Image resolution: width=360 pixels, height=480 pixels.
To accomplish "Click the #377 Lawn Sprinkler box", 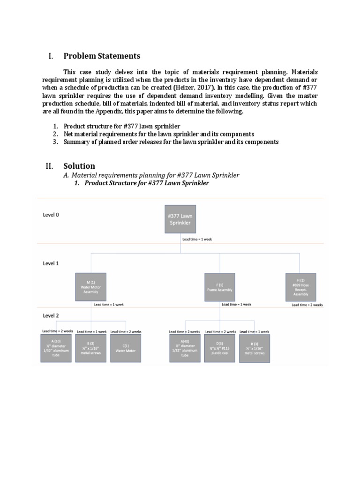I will pyautogui.click(x=180, y=219).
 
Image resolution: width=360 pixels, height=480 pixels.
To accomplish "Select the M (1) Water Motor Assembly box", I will pyautogui.click(x=90, y=286).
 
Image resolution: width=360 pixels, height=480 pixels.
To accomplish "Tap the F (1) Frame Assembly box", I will pyautogui.click(x=220, y=286).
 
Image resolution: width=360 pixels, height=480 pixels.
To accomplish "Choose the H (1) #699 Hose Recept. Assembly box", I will pyautogui.click(x=300, y=287).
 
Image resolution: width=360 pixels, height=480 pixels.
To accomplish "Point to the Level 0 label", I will pyautogui.click(x=51, y=215).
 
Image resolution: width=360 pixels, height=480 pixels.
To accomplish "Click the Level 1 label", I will pyautogui.click(x=51, y=263).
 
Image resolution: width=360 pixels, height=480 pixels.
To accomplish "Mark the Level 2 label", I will pyautogui.click(x=51, y=315).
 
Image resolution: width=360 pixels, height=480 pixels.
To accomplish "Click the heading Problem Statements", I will pyautogui.click(x=102, y=56).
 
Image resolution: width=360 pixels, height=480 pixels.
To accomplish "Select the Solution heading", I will pyautogui.click(x=79, y=166).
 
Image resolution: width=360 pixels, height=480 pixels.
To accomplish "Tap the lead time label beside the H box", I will pyautogui.click(x=307, y=305).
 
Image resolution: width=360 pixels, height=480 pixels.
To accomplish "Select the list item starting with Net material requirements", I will pyautogui.click(x=159, y=134).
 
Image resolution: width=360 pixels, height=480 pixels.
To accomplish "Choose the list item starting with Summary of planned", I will pyautogui.click(x=171, y=142).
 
